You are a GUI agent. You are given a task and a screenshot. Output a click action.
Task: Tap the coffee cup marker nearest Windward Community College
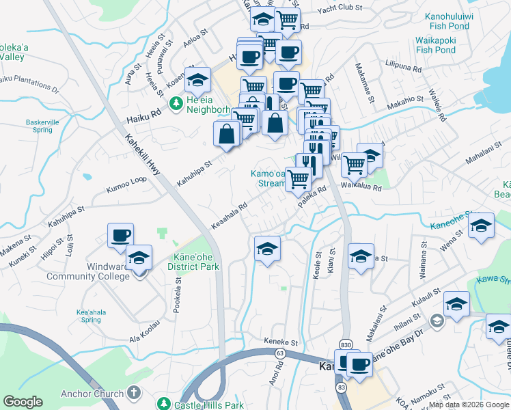120,235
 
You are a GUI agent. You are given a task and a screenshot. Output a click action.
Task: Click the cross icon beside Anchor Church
134,393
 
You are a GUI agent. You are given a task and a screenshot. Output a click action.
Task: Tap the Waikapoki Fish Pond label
436,45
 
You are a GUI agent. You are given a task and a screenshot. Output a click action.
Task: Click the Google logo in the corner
23,402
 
